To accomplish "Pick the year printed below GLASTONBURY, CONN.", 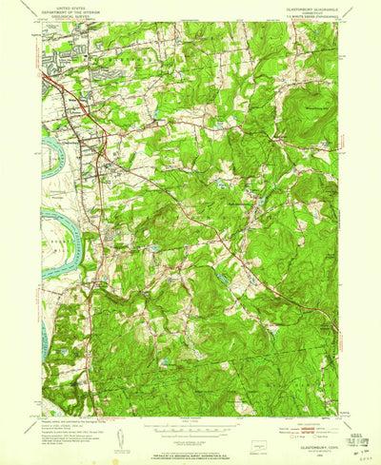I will (308, 438).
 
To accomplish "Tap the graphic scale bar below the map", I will (190, 425).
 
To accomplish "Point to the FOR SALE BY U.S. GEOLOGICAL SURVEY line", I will (190, 446).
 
